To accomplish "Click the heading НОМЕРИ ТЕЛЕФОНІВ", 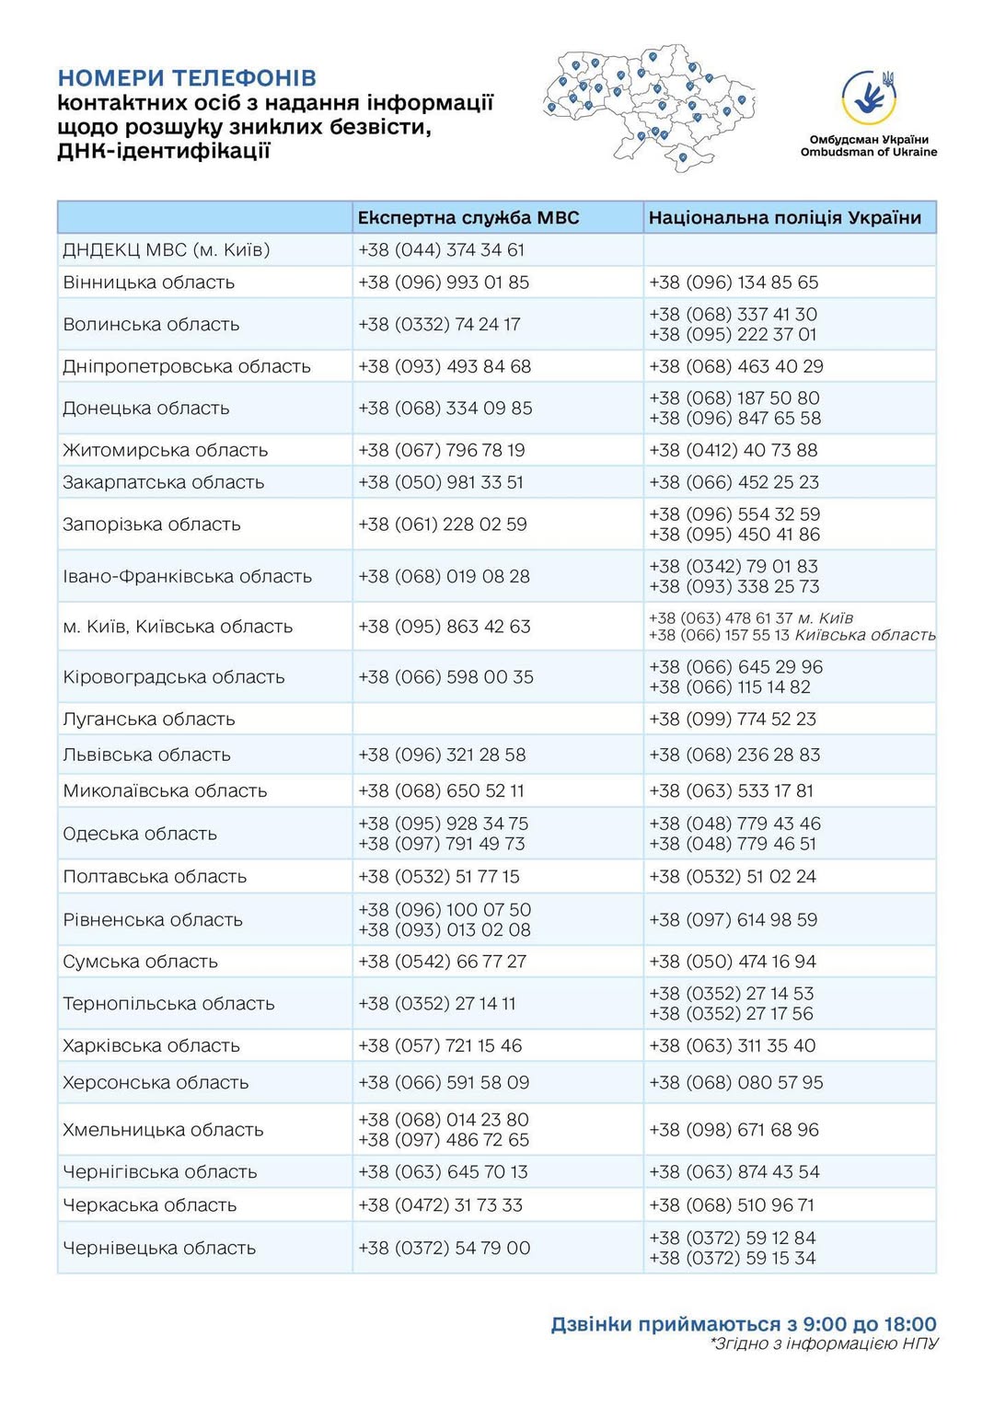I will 187,78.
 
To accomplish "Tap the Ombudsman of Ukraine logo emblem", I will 869,98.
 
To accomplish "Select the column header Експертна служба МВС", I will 468,218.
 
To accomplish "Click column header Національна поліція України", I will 784,218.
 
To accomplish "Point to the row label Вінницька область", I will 149,282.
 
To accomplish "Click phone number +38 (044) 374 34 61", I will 441,250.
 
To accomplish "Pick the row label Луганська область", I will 149,720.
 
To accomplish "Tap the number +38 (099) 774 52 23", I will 733,720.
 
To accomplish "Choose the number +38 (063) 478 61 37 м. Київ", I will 750,618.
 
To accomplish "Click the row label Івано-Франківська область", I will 188,577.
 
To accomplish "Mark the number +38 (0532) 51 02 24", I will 733,877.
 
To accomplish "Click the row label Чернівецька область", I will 159,1249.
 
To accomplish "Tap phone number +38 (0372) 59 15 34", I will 733,1259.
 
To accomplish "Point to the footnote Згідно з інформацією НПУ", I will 824,1344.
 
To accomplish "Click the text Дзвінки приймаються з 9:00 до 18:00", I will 744,1324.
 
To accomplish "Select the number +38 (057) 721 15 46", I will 440,1046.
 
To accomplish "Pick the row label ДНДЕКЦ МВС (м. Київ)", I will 167,250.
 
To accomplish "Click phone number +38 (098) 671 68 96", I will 734,1130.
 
